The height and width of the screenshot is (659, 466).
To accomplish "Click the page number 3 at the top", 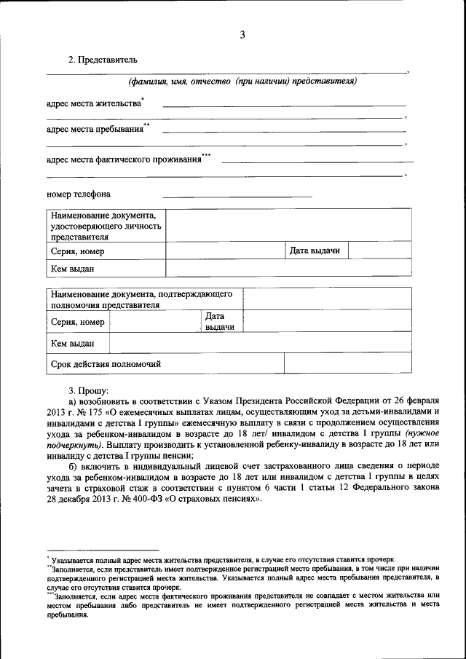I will pos(242,33).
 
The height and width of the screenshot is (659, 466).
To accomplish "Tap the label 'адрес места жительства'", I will pos(94,103).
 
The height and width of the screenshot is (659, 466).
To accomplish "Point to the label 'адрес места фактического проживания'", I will pos(124,159).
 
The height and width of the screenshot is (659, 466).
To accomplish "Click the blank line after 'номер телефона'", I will pos(237,195).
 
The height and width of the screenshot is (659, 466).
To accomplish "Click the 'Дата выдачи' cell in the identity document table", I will pos(315,250).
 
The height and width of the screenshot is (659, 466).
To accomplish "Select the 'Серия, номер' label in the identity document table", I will pos(77,251).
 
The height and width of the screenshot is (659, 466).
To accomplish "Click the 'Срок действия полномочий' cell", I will pos(106,363).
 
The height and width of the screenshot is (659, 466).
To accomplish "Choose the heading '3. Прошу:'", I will pos(88,390).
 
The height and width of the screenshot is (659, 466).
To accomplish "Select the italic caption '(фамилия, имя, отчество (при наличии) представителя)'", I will pos(242,81).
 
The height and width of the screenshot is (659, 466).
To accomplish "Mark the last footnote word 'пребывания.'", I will pos(68,614).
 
